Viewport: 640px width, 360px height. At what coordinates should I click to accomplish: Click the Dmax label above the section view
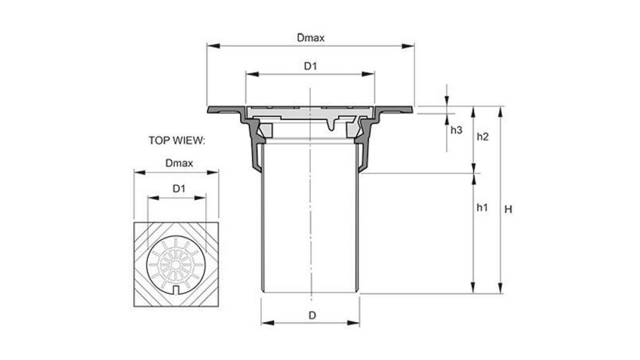pos(310,37)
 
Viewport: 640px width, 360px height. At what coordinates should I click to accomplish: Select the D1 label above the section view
pos(310,66)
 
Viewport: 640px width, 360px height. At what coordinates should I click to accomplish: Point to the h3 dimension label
pos(456,130)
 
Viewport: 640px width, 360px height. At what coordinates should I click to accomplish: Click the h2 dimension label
pos(482,137)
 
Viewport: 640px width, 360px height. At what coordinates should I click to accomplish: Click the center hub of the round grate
pos(176,265)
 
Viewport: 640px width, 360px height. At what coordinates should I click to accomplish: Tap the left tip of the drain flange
pos(208,109)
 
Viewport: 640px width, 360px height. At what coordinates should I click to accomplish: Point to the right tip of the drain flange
pos(412,109)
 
